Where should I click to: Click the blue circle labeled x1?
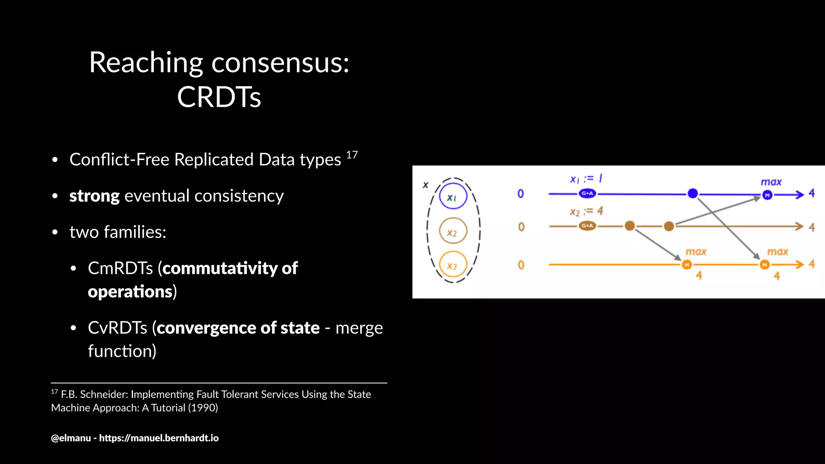tap(453, 196)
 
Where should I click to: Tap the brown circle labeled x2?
tap(453, 231)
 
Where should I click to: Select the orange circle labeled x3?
tap(453, 265)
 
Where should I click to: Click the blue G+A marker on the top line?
tap(587, 193)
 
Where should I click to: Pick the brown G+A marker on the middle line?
tap(587, 226)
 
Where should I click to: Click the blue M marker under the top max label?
tap(767, 195)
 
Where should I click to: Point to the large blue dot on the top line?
tap(692, 193)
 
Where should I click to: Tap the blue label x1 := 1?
tap(586, 178)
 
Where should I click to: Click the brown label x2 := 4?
tap(586, 211)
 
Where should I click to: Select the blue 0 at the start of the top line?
tap(520, 194)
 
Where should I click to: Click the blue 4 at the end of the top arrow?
tap(811, 193)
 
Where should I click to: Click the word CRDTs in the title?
tap(219, 97)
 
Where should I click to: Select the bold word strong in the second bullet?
tap(94, 196)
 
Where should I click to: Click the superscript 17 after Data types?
tap(352, 155)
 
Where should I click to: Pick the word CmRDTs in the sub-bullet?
tap(120, 268)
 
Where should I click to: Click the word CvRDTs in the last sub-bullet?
tap(118, 328)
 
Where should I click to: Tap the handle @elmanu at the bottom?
tap(71, 438)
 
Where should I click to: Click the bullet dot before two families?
tap(55, 232)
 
